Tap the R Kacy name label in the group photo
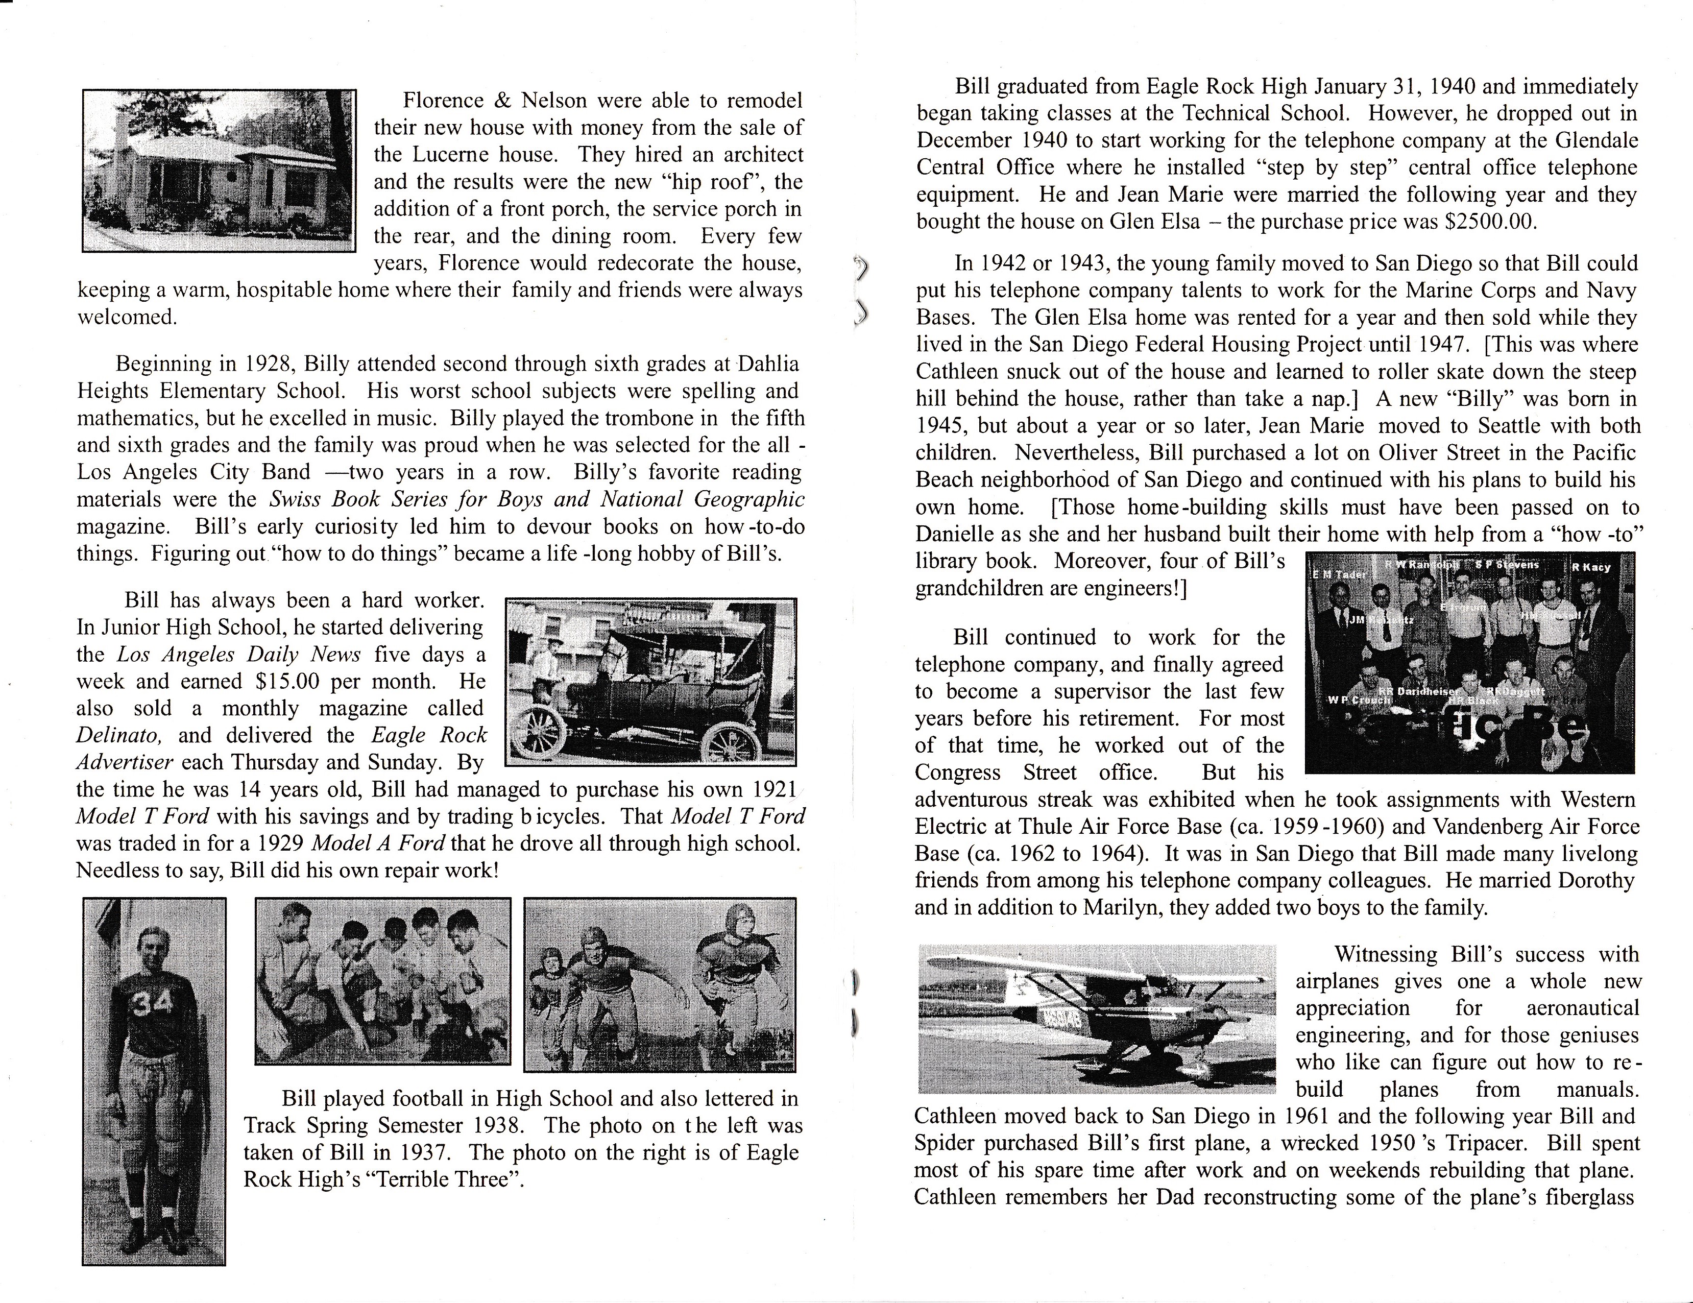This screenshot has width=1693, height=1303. tap(1591, 567)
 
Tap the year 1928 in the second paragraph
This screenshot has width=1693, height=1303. tap(271, 364)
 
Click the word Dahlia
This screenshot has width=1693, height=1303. tap(767, 364)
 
